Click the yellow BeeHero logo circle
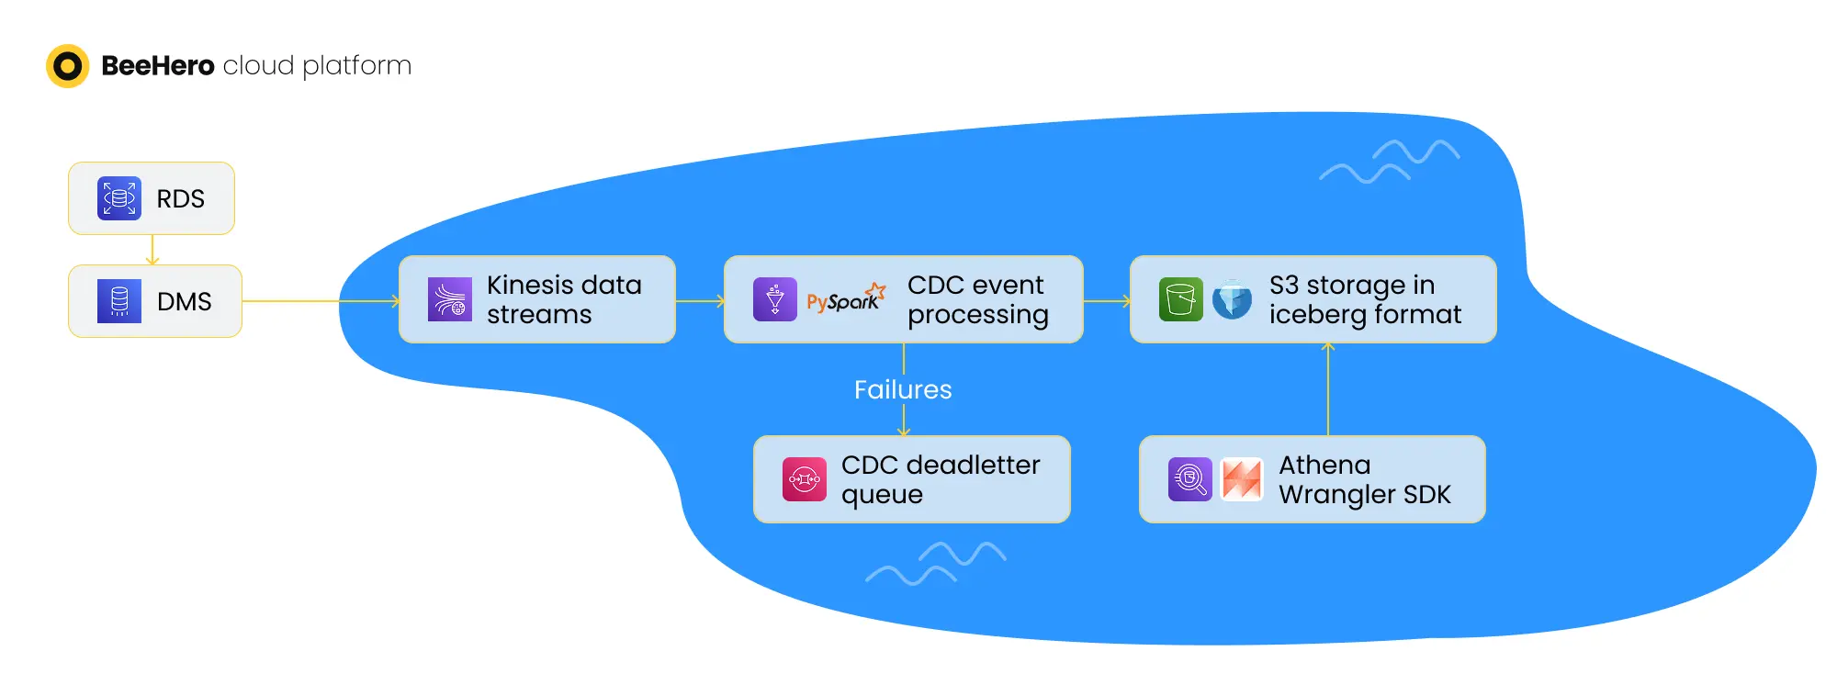coord(67,66)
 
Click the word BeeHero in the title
coord(157,66)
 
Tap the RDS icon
coord(119,198)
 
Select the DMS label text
coord(184,301)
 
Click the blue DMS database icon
coord(119,301)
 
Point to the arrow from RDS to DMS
coord(152,250)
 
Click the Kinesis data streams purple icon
coord(450,299)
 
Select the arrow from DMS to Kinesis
coord(321,301)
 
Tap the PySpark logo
coord(846,298)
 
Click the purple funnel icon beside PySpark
coord(775,299)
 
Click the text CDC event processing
coord(977,299)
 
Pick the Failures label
coord(903,389)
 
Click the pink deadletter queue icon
coord(805,479)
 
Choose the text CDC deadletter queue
coord(941,479)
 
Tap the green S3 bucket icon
coord(1181,299)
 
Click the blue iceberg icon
coord(1232,299)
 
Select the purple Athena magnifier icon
coord(1190,479)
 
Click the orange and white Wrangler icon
coord(1242,479)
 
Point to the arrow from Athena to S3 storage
coord(1328,388)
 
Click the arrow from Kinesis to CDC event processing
coord(701,300)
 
